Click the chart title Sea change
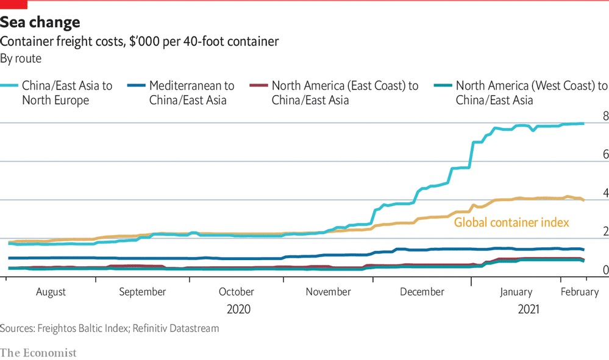tap(40, 23)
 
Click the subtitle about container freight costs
tap(139, 41)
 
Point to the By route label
tap(21, 58)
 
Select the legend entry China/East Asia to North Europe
tap(67, 93)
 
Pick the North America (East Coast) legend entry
tap(345, 93)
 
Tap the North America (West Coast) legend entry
tap(531, 93)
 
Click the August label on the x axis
tap(51, 292)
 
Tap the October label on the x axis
tap(237, 292)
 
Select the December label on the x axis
tap(422, 292)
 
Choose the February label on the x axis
tap(579, 292)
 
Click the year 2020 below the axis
tap(238, 309)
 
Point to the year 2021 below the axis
tap(528, 309)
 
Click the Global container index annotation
tap(511, 222)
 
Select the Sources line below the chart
tap(109, 329)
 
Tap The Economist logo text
tap(38, 353)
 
